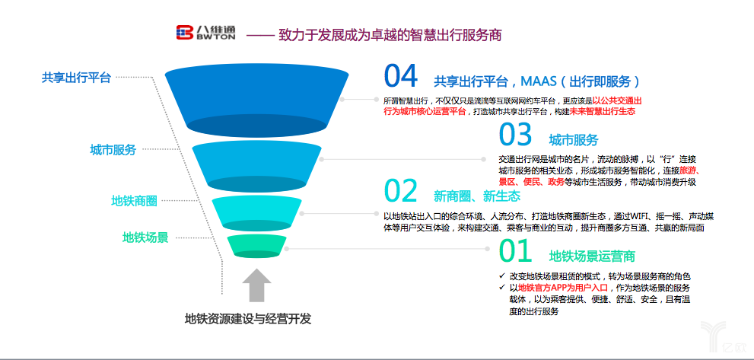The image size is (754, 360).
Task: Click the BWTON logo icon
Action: pos(185,32)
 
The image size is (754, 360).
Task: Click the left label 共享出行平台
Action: pos(76,77)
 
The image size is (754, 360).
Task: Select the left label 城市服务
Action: pos(113,150)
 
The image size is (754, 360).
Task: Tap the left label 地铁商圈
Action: pos(134,200)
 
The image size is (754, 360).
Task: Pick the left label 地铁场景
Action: pos(145,237)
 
